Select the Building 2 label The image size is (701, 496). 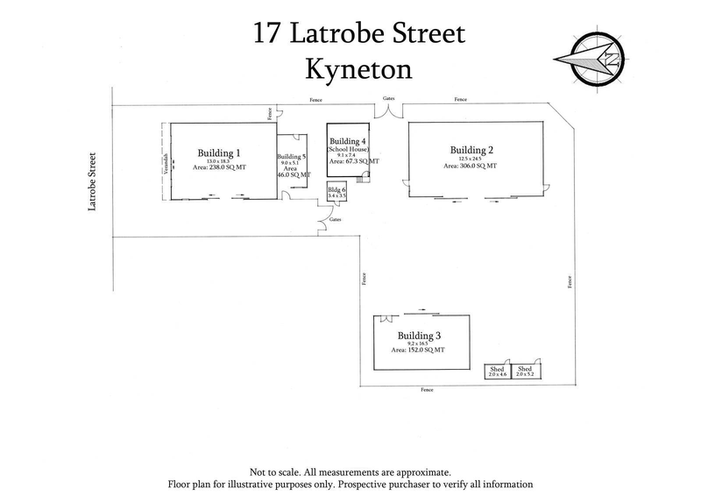pyautogui.click(x=472, y=148)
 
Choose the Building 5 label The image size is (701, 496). pyautogui.click(x=293, y=156)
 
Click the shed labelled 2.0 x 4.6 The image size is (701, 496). pyautogui.click(x=499, y=372)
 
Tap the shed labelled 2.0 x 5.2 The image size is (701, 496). pyautogui.click(x=527, y=372)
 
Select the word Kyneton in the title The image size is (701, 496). pyautogui.click(x=359, y=68)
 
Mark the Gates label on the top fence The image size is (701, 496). pyautogui.click(x=388, y=100)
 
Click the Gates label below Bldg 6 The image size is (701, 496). pyautogui.click(x=336, y=219)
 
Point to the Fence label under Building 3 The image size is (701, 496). pyautogui.click(x=427, y=388)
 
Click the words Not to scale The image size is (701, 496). pyautogui.click(x=277, y=472)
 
